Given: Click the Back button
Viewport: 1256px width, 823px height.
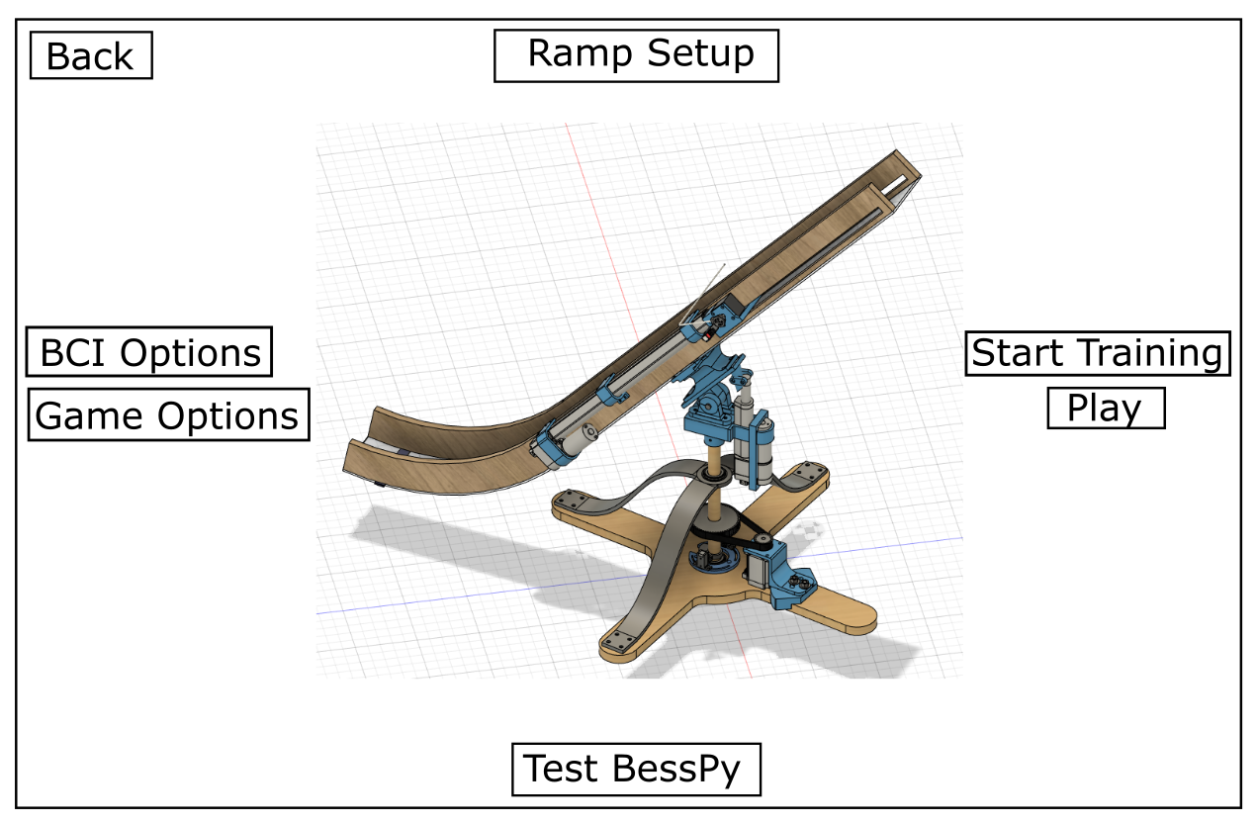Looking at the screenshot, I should (91, 55).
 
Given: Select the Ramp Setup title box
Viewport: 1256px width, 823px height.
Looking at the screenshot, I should (636, 55).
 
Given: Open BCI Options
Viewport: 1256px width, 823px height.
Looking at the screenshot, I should (149, 353).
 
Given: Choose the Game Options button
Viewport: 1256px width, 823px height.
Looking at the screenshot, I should (168, 415).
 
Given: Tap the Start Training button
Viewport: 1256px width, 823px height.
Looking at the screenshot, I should (1097, 353).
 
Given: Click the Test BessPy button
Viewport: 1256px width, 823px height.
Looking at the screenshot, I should (636, 769).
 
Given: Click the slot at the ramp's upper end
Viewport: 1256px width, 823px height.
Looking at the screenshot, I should (898, 185).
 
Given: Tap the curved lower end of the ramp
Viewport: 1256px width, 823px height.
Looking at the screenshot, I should (396, 455).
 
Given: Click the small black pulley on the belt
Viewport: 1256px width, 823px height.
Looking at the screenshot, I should (761, 541).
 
